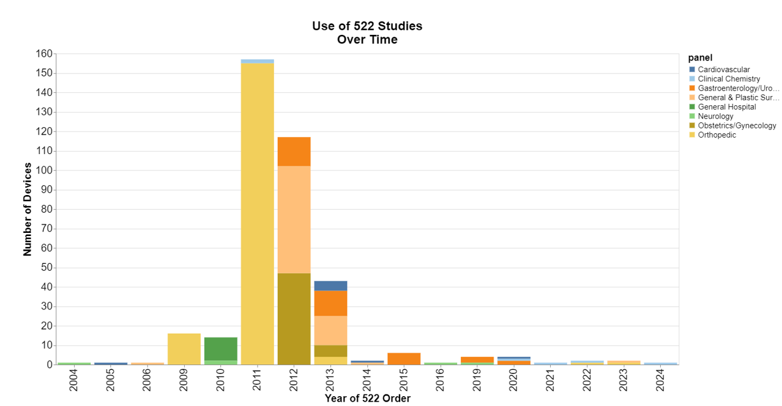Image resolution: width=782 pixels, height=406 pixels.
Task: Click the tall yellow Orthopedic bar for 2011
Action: click(x=257, y=214)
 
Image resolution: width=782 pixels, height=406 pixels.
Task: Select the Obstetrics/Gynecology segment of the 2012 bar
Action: click(x=294, y=319)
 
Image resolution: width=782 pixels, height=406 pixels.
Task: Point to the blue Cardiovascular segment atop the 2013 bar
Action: click(x=330, y=286)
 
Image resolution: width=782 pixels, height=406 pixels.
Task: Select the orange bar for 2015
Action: click(x=404, y=358)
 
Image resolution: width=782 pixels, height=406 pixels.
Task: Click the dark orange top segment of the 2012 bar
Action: click(x=294, y=151)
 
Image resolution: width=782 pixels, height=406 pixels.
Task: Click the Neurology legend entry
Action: click(x=715, y=116)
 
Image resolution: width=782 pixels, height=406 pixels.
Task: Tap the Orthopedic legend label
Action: click(x=717, y=135)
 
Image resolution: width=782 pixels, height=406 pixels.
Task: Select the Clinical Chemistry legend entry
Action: click(x=728, y=79)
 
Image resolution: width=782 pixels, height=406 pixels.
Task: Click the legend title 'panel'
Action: click(x=700, y=57)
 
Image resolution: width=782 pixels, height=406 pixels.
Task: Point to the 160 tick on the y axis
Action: click(x=44, y=54)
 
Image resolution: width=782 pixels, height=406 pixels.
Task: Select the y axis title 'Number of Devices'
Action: click(x=28, y=209)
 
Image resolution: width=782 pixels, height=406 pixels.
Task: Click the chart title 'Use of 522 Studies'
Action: click(x=367, y=26)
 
